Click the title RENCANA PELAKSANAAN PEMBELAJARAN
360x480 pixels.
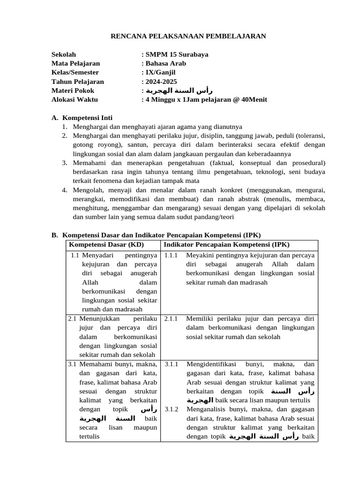tap(187, 36)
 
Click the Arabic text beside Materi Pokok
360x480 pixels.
tap(176, 90)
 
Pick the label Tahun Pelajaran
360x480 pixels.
tap(77, 81)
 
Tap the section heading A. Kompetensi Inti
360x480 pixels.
tap(82, 118)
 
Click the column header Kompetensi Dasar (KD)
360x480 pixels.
tap(106, 245)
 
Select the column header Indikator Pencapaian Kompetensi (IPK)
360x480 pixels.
tap(226, 245)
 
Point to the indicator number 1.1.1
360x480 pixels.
tap(171, 255)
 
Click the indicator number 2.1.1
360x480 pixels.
tap(171, 318)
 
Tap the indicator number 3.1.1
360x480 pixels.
tap(171, 364)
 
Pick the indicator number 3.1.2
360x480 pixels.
tap(171, 409)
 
